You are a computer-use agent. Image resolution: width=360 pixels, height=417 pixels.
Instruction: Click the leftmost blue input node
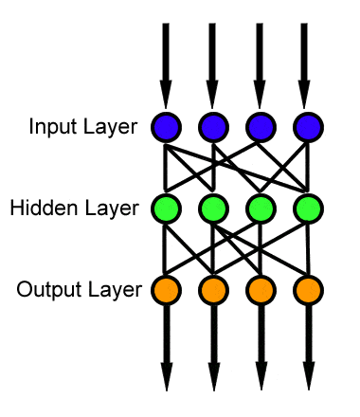click(166, 126)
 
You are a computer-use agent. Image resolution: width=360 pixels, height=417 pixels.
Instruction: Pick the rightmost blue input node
click(306, 126)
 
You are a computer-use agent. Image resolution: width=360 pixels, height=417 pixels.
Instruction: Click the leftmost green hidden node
click(166, 208)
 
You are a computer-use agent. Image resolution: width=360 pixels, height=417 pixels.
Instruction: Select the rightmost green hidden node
click(306, 208)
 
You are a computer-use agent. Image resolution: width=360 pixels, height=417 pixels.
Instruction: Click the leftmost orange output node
click(166, 288)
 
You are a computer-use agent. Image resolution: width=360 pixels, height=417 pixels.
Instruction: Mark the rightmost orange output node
click(306, 288)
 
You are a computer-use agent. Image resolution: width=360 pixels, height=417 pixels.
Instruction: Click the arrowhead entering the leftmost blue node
click(166, 95)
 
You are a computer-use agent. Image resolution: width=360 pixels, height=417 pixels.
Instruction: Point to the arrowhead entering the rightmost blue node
click(306, 95)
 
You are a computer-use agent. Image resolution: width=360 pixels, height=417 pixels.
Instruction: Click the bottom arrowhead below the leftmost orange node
click(166, 377)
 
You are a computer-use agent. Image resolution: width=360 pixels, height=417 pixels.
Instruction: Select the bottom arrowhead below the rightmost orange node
click(306, 377)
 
